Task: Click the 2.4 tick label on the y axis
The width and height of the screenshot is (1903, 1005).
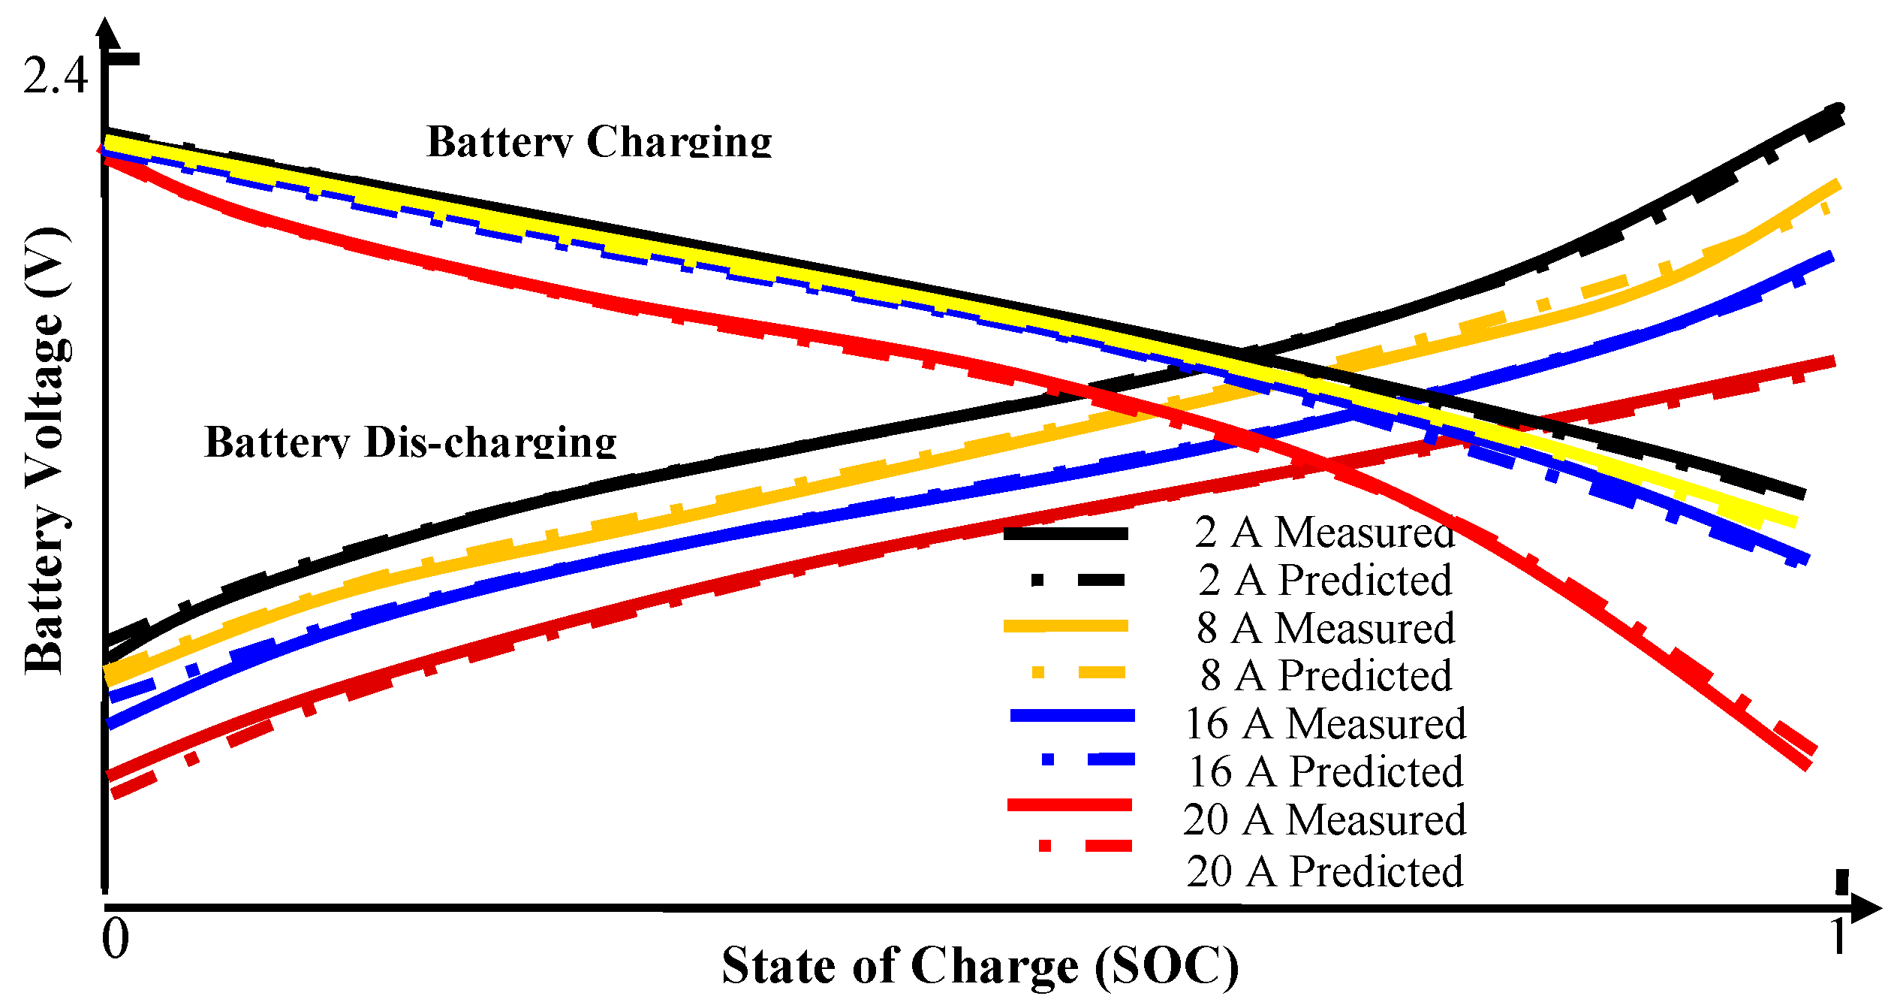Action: tap(56, 76)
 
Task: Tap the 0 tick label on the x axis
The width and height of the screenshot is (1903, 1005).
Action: tap(116, 938)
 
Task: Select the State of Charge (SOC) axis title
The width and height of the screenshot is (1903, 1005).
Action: tap(980, 966)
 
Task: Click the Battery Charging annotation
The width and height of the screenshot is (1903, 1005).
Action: tap(599, 140)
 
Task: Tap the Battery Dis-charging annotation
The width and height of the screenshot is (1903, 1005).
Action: tap(410, 442)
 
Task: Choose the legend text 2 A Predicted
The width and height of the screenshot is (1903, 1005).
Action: tap(1325, 580)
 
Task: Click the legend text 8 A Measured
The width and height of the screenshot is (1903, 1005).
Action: tap(1326, 628)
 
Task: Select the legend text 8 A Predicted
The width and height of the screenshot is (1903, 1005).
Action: tap(1326, 675)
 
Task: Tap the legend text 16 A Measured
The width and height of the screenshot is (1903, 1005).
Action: tap(1325, 723)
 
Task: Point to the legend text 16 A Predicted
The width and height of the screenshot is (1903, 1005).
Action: tap(1326, 771)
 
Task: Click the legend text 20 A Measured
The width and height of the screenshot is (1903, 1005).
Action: tap(1324, 819)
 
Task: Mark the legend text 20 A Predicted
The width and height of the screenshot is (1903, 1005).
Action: tap(1325, 871)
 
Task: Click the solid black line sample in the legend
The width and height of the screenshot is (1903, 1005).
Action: tap(1065, 533)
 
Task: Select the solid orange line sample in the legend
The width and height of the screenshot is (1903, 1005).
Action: tap(1065, 626)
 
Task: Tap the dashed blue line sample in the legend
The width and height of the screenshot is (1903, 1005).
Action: tap(1088, 759)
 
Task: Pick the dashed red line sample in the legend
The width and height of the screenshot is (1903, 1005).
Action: tap(1085, 846)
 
